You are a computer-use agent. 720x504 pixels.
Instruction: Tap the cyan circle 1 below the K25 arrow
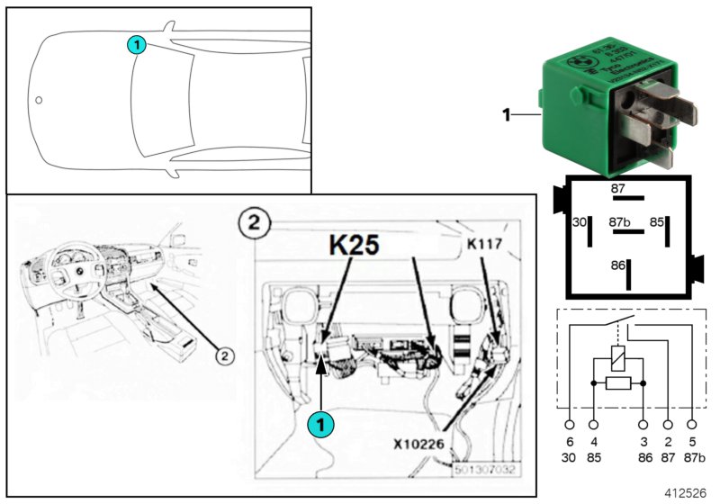319,424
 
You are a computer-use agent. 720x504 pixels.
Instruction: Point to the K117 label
487,243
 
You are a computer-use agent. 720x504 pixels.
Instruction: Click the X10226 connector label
418,441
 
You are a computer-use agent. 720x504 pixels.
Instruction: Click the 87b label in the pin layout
620,220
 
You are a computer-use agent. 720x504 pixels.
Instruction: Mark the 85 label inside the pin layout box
658,221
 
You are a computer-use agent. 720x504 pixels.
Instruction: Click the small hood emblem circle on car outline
38,100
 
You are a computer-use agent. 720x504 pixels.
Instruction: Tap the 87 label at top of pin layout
617,188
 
